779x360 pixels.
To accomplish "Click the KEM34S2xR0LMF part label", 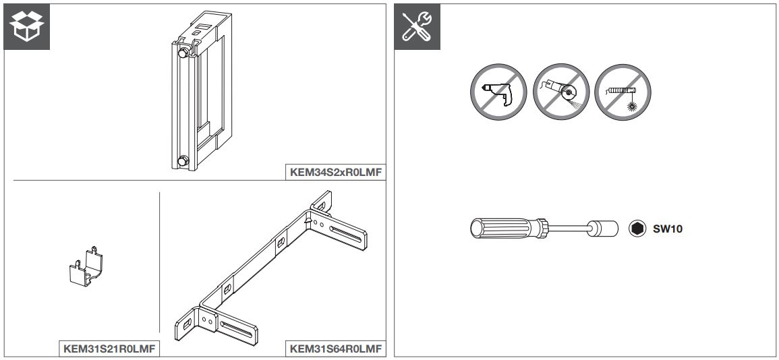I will [x=336, y=173].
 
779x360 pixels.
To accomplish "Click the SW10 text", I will [x=668, y=227].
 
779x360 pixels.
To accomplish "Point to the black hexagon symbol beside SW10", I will [x=635, y=227].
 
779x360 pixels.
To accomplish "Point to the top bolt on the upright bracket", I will [x=182, y=51].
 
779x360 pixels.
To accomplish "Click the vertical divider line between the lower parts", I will [x=159, y=263].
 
